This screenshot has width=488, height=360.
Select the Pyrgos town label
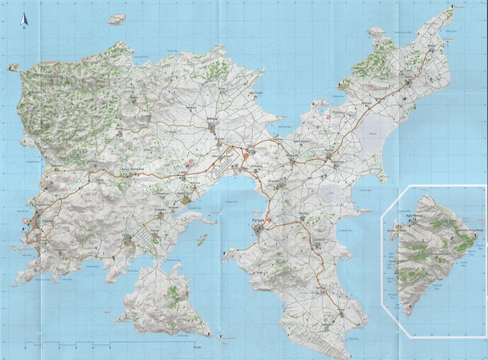pyautogui.click(x=258, y=221)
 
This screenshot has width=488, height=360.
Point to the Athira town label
pyautogui.click(x=212, y=119)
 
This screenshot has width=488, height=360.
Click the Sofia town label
pyautogui.click(x=409, y=77)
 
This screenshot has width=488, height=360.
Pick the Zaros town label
pyautogui.click(x=126, y=235)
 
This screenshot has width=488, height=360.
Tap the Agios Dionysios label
pyautogui.click(x=132, y=169)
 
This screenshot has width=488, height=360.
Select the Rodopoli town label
pyautogui.click(x=293, y=155)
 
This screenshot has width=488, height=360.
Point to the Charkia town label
pyautogui.click(x=274, y=181)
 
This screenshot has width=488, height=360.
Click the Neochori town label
pyautogui.click(x=183, y=193)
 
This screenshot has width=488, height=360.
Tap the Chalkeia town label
pyautogui.click(x=318, y=240)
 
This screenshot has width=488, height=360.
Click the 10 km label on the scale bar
pyautogui.click(x=197, y=348)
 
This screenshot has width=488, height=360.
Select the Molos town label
pyautogui.click(x=431, y=46)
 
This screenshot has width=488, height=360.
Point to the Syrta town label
pyautogui.click(x=119, y=129)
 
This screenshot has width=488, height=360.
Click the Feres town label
pyautogui.click(x=340, y=309)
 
